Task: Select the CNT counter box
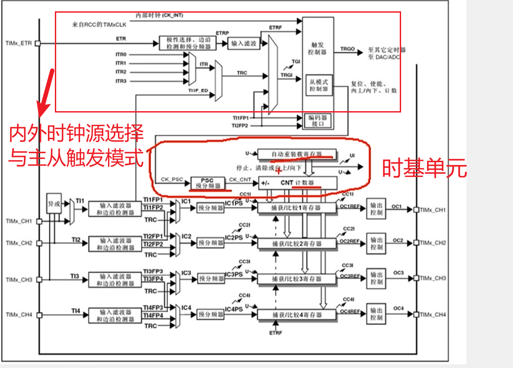point(297,183)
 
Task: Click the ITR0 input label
point(121,55)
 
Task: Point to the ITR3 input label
point(121,81)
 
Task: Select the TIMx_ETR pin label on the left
point(19,43)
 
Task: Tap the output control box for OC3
point(376,278)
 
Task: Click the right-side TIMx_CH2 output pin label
point(433,243)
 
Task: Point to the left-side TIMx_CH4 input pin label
point(19,314)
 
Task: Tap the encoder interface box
point(318,121)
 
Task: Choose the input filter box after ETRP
point(243,43)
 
